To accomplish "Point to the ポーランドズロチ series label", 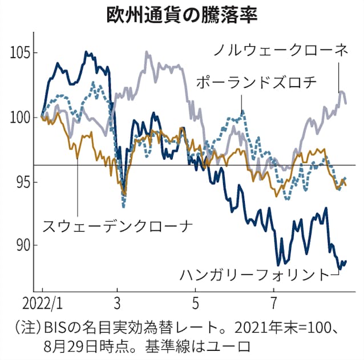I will tap(255, 82).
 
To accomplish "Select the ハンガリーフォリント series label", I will tap(254, 274).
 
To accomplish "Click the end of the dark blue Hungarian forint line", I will tap(345, 261).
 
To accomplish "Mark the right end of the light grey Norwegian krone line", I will tap(346, 103).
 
